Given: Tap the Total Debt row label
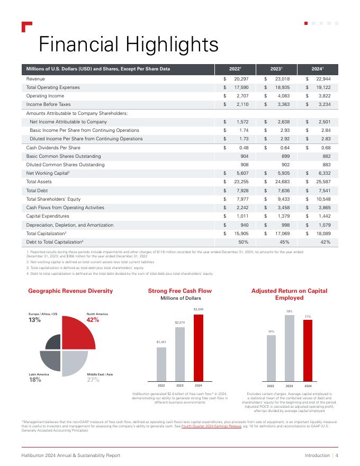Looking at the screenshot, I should click(x=38, y=191).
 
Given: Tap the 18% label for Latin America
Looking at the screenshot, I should click(x=35, y=380).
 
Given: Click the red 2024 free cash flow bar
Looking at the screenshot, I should click(x=198, y=346).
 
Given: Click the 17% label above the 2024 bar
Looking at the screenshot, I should click(x=307, y=316).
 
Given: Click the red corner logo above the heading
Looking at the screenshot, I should click(x=27, y=27).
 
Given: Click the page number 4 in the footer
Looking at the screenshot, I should click(x=337, y=455).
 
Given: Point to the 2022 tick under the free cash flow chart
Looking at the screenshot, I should click(x=161, y=385).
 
